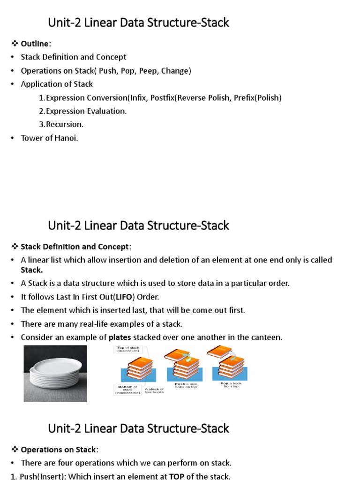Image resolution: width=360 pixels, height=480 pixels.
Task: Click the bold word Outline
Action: [x=35, y=44]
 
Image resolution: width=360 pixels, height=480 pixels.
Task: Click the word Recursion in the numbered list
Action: [x=64, y=124]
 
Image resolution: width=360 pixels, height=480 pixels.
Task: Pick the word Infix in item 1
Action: [x=138, y=97]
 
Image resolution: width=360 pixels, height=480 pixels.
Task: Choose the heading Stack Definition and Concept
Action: [x=76, y=247]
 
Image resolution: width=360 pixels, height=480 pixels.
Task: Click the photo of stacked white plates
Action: [x=55, y=373]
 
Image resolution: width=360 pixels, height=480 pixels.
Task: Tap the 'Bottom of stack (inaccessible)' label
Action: [x=127, y=390]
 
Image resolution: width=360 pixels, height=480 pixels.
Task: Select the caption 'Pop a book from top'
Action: [x=229, y=384]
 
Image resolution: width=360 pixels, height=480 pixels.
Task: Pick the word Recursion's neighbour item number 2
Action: [x=42, y=111]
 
